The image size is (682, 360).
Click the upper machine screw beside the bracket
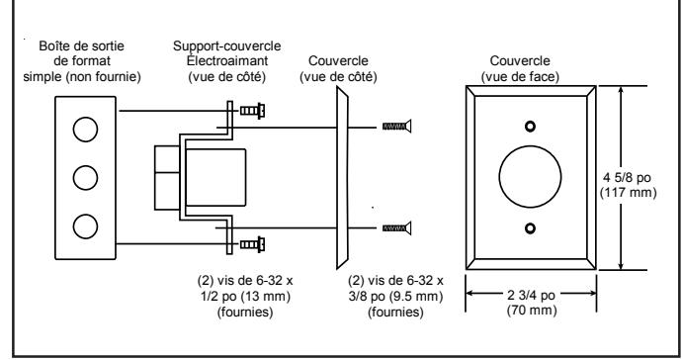click(x=253, y=111)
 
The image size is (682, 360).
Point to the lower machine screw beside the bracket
click(x=253, y=244)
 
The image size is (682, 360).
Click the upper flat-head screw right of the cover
click(x=396, y=127)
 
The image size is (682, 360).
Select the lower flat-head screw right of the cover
click(x=396, y=227)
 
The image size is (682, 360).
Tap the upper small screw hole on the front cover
click(x=530, y=127)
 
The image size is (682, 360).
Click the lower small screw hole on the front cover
click(x=530, y=228)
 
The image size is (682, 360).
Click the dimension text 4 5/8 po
click(x=627, y=178)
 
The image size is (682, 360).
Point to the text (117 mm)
click(x=628, y=193)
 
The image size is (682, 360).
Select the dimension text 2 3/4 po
click(x=531, y=295)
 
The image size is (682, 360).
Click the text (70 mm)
click(x=532, y=311)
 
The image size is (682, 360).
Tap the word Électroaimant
click(x=227, y=60)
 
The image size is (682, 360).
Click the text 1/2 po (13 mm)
click(x=245, y=297)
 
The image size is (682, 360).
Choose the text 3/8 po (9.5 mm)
click(x=395, y=297)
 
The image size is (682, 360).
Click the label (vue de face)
click(x=520, y=76)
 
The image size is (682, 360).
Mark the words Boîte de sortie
click(x=81, y=45)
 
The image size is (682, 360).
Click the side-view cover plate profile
click(x=342, y=178)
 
